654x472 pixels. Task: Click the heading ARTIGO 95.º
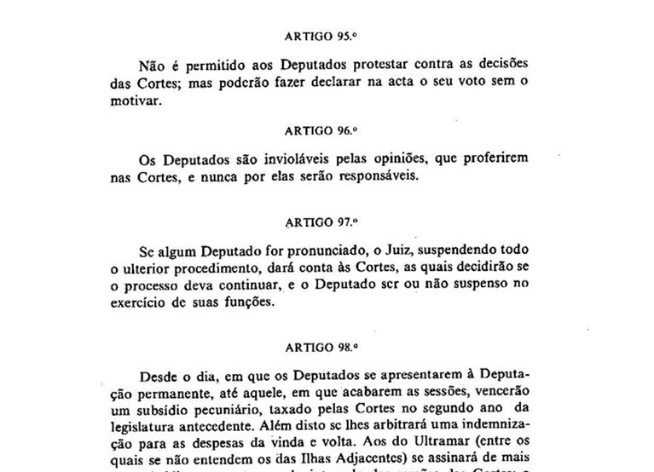point(319,37)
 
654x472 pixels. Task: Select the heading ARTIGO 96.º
point(319,131)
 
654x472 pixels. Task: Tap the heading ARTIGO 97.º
point(321,223)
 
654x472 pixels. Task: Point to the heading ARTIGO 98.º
point(321,348)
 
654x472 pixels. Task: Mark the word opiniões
point(419,158)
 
